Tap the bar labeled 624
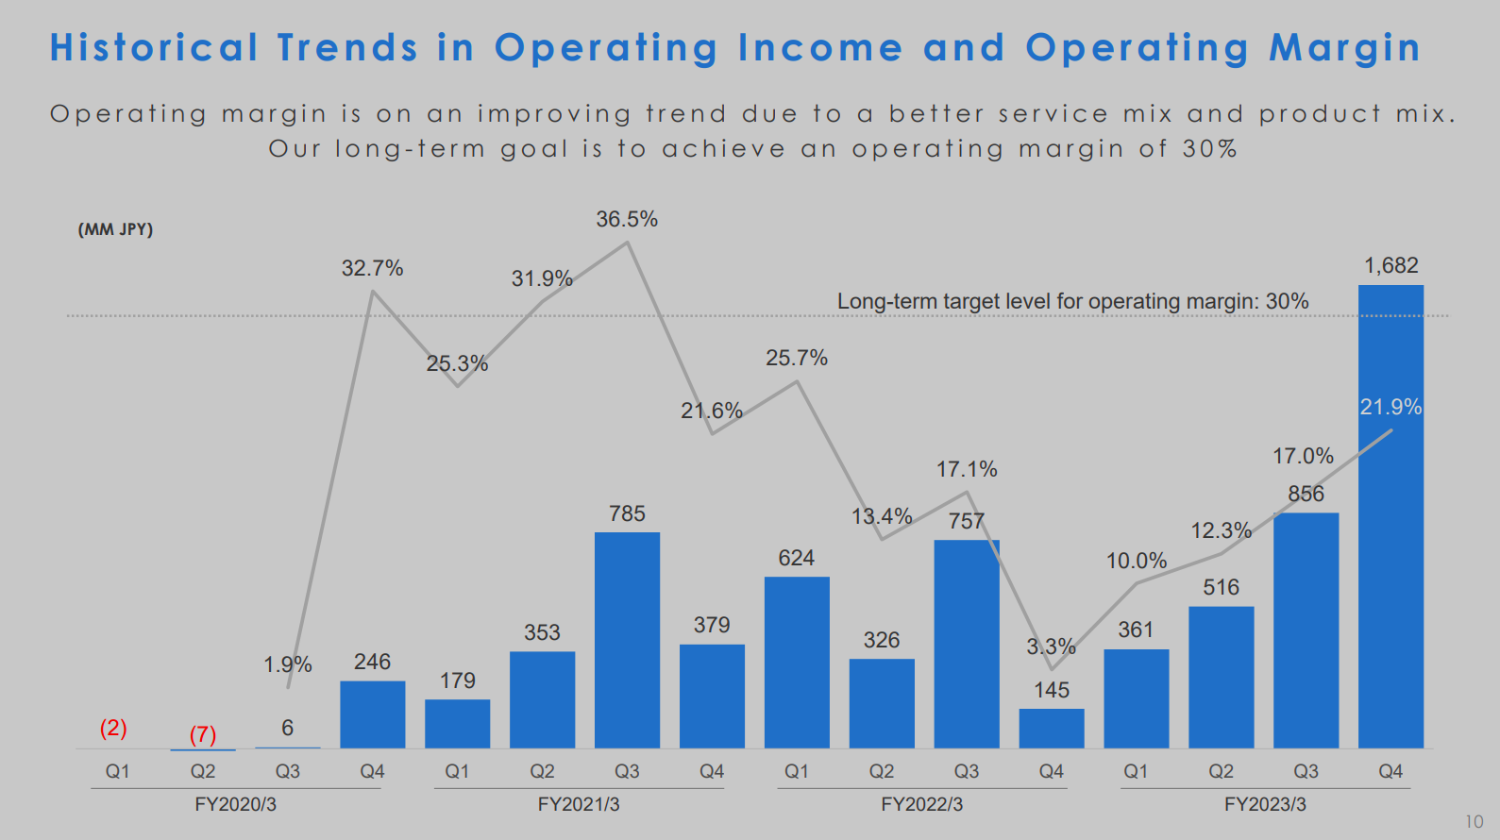[797, 662]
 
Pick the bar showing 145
[1052, 729]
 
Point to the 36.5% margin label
[627, 220]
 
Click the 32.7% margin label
[372, 269]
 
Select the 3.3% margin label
[1051, 647]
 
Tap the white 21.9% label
[1390, 408]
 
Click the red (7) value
[203, 734]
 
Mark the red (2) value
[113, 728]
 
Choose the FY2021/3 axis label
[579, 804]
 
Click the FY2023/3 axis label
[1265, 804]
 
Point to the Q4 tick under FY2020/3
[372, 771]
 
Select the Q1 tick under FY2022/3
[797, 771]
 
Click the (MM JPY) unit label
[115, 229]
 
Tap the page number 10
[1474, 822]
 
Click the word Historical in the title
[154, 48]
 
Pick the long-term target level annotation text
[1072, 301]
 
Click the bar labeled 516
[1221, 677]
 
